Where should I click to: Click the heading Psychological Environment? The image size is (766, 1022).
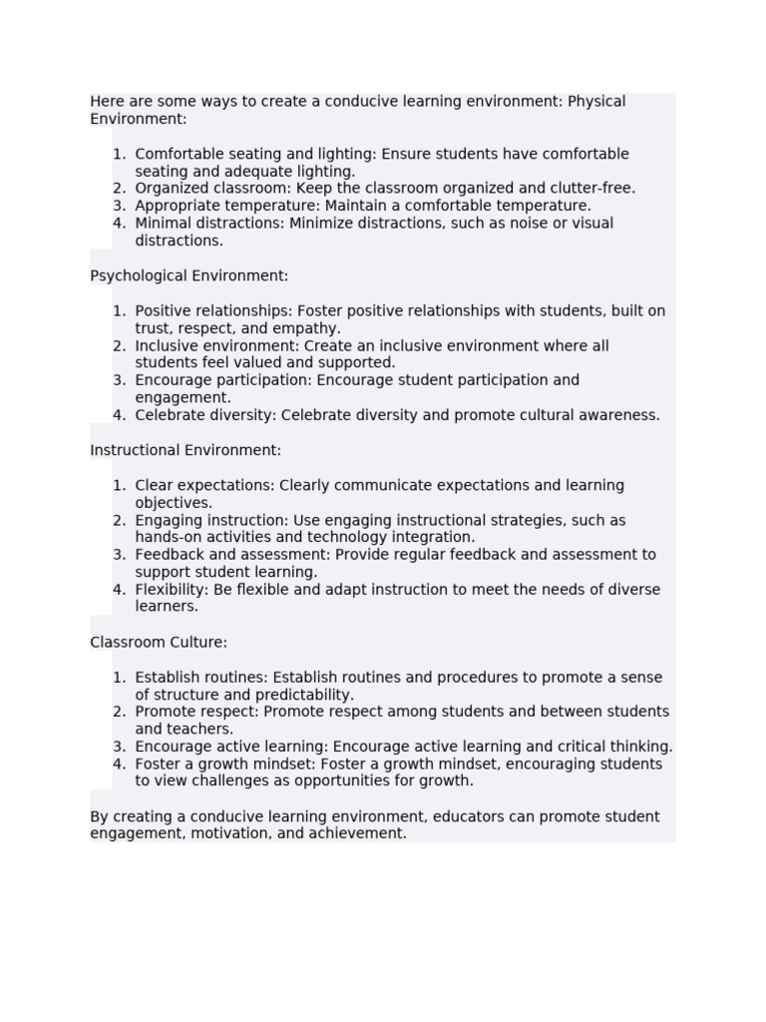189,275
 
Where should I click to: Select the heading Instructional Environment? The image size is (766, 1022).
186,450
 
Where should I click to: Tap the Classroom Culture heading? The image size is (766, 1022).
159,642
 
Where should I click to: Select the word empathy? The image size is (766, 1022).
308,328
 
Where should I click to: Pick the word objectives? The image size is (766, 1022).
173,503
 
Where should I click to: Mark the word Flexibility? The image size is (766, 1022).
171,590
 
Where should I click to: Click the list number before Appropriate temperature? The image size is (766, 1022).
119,206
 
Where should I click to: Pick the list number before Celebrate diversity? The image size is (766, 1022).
119,415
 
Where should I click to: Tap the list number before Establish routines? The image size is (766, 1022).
119,678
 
